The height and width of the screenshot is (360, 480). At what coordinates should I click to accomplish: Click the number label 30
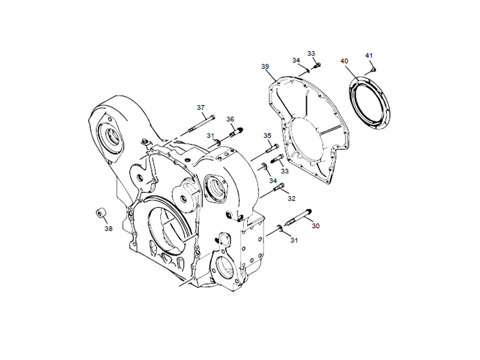316,226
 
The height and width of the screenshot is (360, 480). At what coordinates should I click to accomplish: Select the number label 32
292,198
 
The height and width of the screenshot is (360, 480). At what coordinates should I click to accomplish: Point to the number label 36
230,119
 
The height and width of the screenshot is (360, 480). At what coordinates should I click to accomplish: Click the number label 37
201,107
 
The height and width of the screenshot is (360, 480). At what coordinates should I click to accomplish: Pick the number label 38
108,228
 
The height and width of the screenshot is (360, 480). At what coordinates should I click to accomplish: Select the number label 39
265,67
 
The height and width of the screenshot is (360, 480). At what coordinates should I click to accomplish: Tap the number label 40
344,61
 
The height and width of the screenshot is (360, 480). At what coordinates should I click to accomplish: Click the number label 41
369,56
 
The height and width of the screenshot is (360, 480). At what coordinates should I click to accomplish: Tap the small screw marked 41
371,70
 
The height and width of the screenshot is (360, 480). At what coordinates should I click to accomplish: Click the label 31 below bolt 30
294,241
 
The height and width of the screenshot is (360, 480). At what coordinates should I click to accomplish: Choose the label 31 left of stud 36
211,136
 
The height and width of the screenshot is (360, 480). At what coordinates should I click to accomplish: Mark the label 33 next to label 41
311,53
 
